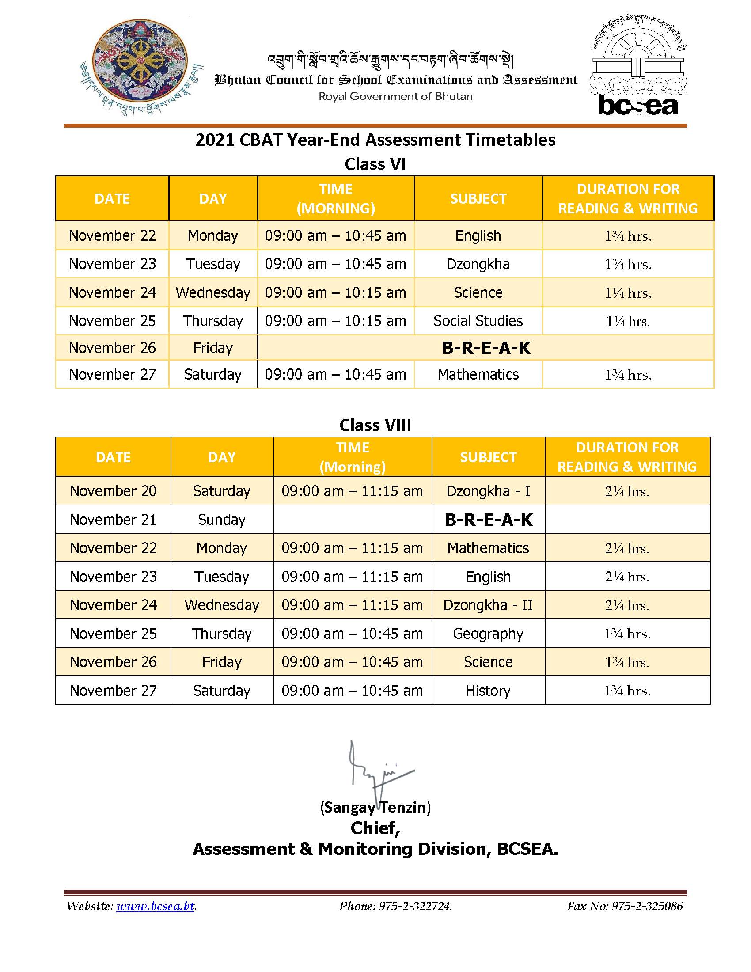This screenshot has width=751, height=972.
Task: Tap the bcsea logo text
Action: pos(638,106)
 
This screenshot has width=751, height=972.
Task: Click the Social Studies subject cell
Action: pos(478,321)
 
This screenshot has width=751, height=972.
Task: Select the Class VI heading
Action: pos(375,164)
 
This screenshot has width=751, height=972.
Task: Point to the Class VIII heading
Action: pos(375,425)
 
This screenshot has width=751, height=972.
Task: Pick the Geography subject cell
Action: pos(488,633)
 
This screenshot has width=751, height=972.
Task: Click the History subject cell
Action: pos(488,690)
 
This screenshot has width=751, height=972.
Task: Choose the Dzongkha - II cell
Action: pos(488,605)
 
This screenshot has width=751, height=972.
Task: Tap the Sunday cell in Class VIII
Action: pos(222,520)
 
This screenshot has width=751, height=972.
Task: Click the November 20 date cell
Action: pos(113,491)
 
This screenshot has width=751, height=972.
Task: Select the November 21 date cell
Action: pos(113,520)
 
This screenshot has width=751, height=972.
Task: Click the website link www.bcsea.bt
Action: pos(155,906)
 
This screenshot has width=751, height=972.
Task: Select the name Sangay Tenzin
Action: pos(375,807)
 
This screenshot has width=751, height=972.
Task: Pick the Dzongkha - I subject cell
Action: pos(488,491)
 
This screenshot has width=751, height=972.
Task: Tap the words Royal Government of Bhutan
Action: pos(395,96)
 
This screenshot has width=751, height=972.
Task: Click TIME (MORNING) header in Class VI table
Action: pos(336,198)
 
